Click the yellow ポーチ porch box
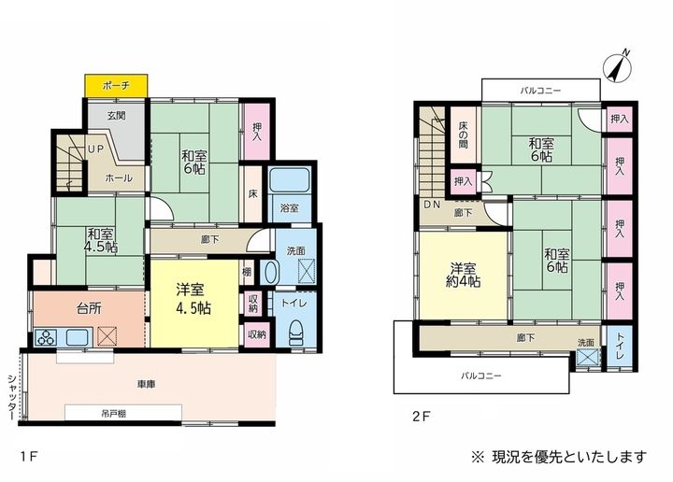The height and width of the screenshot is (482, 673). pyautogui.click(x=116, y=85)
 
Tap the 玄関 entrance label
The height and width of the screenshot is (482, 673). pyautogui.click(x=116, y=115)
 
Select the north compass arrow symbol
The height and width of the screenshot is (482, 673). pyautogui.click(x=618, y=67)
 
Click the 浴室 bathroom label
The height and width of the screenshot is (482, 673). pyautogui.click(x=290, y=208)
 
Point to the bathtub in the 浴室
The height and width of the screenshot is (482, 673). pyautogui.click(x=290, y=179)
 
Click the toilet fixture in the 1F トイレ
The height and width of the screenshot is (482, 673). pyautogui.click(x=296, y=333)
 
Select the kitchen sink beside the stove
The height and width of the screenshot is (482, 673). pyautogui.click(x=78, y=337)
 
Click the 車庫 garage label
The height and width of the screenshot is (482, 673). pyautogui.click(x=146, y=384)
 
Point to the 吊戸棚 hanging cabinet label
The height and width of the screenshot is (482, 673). pyautogui.click(x=114, y=414)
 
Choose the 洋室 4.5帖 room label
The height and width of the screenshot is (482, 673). pyautogui.click(x=193, y=299)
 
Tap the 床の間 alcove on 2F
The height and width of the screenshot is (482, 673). pyautogui.click(x=463, y=135)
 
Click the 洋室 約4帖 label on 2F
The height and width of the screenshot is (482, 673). pyautogui.click(x=463, y=275)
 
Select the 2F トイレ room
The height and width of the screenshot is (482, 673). pyautogui.click(x=620, y=347)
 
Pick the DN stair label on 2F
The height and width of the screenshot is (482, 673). pyautogui.click(x=432, y=205)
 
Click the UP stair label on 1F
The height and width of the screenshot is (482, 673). pyautogui.click(x=95, y=149)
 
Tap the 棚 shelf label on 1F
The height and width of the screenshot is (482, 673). pyautogui.click(x=247, y=272)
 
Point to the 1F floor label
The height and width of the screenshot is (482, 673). pyautogui.click(x=29, y=456)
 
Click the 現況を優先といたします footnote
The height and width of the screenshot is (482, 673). pyautogui.click(x=559, y=457)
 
